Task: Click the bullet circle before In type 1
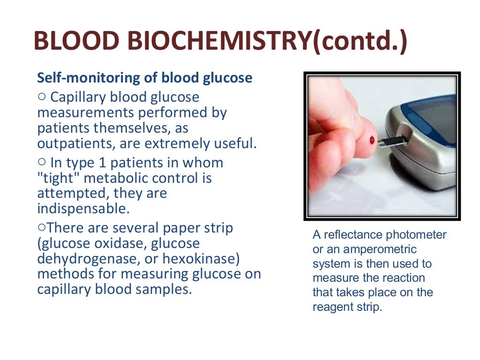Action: pos(42,162)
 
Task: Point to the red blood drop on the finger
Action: pos(372,140)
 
